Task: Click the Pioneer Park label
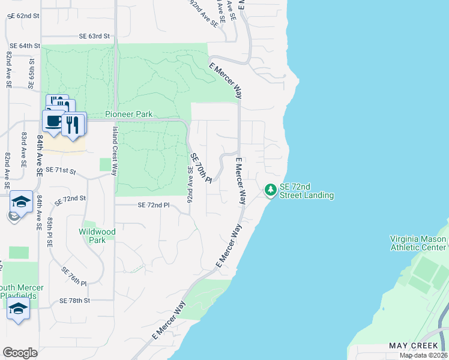tap(128, 114)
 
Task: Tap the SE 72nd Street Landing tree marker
tap(271, 190)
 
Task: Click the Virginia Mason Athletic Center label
tap(418, 243)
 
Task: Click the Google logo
tap(20, 352)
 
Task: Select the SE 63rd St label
tap(94, 37)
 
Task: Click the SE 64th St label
tap(25, 46)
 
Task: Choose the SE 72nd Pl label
tap(154, 205)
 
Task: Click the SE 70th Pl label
tap(202, 169)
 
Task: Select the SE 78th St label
tap(74, 300)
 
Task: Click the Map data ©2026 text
tap(423, 355)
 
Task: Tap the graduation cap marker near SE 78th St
tap(19, 310)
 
